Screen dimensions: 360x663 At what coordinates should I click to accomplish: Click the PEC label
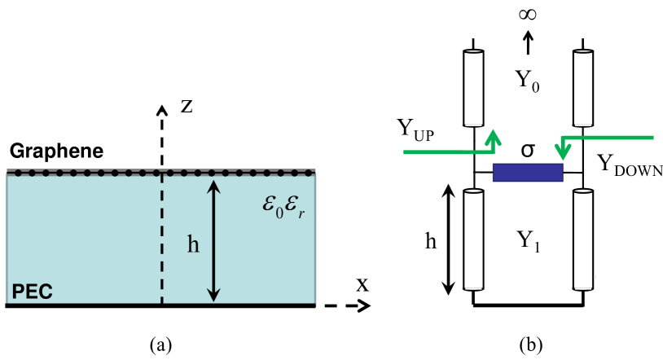point(30,290)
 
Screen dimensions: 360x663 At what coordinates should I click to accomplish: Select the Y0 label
point(529,81)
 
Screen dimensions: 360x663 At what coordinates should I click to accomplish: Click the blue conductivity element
point(528,173)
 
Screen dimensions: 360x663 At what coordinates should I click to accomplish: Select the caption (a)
point(160,344)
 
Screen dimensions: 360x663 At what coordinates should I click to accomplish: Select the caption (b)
point(529,344)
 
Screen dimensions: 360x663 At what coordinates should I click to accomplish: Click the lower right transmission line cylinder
point(582,239)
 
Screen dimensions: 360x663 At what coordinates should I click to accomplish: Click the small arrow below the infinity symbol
point(527,40)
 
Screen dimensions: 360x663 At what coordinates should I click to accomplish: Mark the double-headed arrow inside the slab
point(213,240)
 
